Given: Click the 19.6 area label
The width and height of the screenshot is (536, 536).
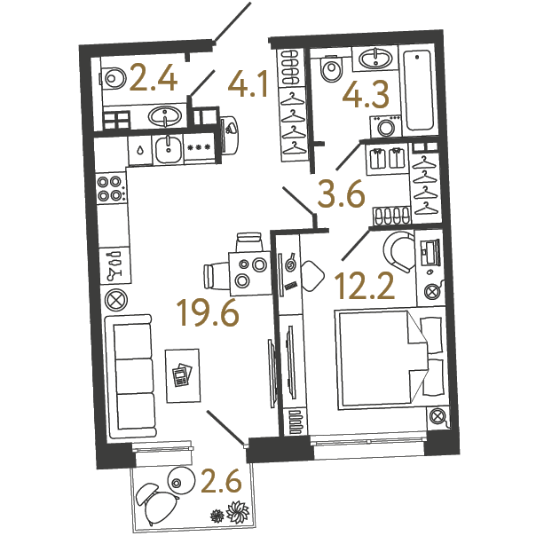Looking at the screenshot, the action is point(208,312).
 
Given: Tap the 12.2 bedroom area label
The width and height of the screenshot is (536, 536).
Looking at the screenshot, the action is point(365,286).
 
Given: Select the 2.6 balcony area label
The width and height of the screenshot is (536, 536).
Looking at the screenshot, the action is point(222,481).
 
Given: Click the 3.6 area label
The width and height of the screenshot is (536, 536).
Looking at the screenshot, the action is point(341,194).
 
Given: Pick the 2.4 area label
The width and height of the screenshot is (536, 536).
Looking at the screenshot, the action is point(154,78).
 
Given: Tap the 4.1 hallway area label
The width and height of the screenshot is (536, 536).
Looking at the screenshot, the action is point(248,84).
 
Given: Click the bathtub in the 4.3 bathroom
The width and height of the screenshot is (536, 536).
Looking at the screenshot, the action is point(419,91).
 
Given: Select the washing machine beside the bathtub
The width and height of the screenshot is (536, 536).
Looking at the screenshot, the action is point(386,126).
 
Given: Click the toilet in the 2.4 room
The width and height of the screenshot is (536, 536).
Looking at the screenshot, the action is point(113,78).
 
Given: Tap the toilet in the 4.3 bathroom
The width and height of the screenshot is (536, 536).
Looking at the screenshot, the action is point(330,68).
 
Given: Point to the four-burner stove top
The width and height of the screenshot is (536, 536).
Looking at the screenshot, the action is point(110,188).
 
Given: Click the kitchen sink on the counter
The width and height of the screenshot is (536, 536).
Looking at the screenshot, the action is point(168,149).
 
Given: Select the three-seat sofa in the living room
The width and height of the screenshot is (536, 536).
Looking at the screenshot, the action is point(130,376).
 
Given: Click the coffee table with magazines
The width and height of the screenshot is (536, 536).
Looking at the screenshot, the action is point(183,375).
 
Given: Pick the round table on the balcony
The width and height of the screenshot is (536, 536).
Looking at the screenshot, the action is point(181,480).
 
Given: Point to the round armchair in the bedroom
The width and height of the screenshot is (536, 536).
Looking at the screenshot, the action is point(398,251).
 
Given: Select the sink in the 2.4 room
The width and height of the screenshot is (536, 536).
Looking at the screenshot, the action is point(165,116).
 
